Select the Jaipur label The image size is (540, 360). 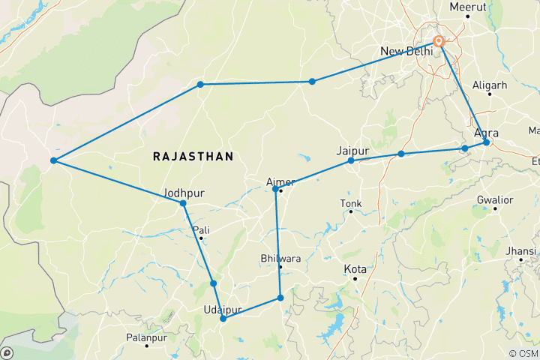point(353,150)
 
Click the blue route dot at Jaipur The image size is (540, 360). point(351,160)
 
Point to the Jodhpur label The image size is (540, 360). point(184,193)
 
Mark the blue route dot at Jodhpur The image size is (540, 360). point(183,203)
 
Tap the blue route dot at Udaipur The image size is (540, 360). point(223,319)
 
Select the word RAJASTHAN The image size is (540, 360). point(193,156)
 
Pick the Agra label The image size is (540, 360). point(487,133)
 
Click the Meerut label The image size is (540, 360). point(467,7)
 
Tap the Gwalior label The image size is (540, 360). point(494,200)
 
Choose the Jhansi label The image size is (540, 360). point(520,250)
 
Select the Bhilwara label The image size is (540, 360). point(279,258)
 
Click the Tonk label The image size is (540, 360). point(350,202)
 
